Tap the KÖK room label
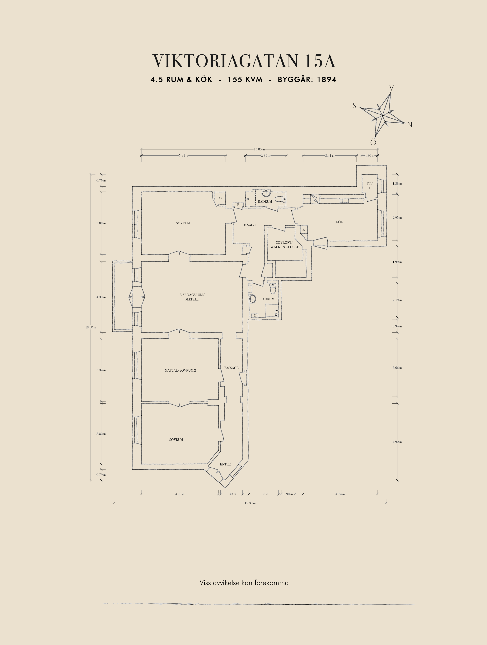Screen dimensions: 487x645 339,222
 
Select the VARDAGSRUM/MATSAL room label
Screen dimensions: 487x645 192,297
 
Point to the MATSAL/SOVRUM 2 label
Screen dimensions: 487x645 180,370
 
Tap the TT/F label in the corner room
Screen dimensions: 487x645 369,186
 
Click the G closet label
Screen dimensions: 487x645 220,198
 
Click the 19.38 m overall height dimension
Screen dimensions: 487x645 91,327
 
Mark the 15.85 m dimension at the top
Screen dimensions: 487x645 259,149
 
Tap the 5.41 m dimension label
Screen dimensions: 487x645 184,155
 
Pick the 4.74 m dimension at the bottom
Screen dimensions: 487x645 340,494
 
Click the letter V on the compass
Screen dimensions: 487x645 392,88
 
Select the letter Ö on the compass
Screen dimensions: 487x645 373,142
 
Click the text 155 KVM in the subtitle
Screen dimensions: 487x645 245,79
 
